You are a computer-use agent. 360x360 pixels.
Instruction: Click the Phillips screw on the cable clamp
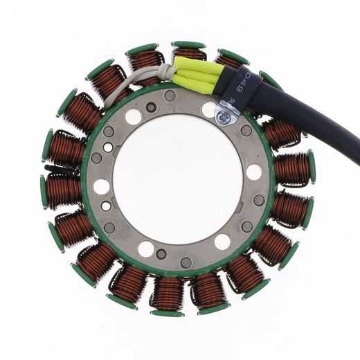coord(224,119)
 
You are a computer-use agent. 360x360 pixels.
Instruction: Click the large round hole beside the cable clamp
coord(209,109)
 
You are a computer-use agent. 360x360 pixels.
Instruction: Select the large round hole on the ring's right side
coord(254,172)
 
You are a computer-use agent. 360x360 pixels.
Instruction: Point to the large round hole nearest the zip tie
coord(102,186)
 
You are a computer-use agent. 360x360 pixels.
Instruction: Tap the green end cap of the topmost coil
coord(188,46)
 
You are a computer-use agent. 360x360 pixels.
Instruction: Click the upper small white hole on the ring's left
coord(108,147)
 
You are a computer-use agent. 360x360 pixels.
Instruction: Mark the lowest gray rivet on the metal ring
coord(186,262)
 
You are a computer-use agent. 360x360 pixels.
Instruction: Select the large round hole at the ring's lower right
coord(222,242)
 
